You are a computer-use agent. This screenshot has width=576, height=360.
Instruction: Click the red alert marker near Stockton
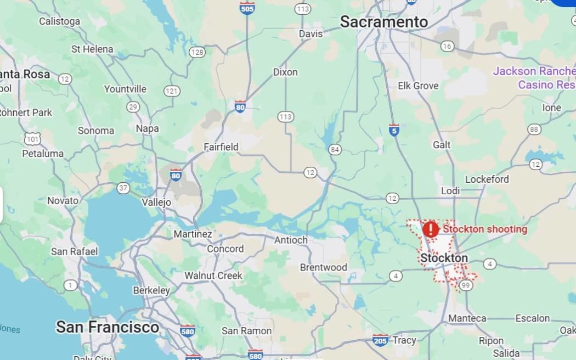pyautogui.click(x=431, y=229)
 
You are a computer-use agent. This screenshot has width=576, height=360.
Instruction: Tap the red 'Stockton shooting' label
pyautogui.click(x=485, y=229)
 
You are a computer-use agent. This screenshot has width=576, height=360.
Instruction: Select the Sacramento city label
pyautogui.click(x=383, y=21)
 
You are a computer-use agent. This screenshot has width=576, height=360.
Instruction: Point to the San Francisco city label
pyautogui.click(x=108, y=328)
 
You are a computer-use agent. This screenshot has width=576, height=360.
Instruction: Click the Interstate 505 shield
pyautogui.click(x=247, y=8)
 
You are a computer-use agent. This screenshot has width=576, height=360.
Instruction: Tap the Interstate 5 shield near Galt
pyautogui.click(x=394, y=130)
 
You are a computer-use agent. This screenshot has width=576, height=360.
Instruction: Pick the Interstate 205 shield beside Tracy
pyautogui.click(x=381, y=340)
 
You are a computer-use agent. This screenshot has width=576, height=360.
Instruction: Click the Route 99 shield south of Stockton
pyautogui.click(x=466, y=285)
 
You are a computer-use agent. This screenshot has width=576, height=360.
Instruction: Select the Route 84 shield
pyautogui.click(x=335, y=149)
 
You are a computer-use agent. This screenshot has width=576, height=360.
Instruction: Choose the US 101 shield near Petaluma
pyautogui.click(x=32, y=139)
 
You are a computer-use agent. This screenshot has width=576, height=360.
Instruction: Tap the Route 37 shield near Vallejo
pyautogui.click(x=123, y=188)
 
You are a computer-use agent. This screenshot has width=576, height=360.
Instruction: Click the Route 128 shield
pyautogui.click(x=197, y=52)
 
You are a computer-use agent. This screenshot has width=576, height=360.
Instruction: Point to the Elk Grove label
pyautogui.click(x=418, y=86)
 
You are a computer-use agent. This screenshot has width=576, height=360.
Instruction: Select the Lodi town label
pyautogui.click(x=450, y=190)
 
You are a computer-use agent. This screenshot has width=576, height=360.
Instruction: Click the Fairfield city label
pyautogui.click(x=221, y=147)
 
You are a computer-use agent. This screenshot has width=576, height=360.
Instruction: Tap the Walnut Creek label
pyautogui.click(x=213, y=275)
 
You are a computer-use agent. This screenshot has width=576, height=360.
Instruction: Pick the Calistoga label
pyautogui.click(x=59, y=21)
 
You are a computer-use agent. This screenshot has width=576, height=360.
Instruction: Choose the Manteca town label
pyautogui.click(x=467, y=318)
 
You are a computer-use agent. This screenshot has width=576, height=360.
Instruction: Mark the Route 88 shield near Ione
pyautogui.click(x=534, y=130)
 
